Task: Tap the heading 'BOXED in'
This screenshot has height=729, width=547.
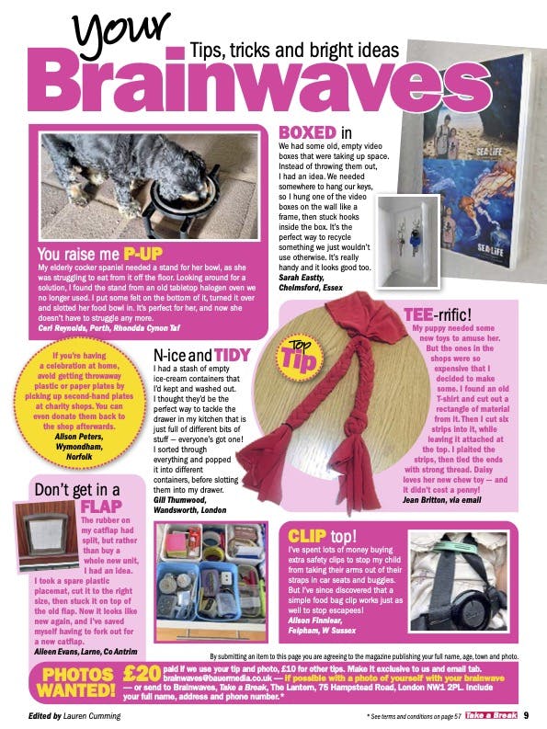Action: coord(315,132)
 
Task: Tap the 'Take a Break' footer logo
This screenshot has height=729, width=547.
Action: coord(496,716)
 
